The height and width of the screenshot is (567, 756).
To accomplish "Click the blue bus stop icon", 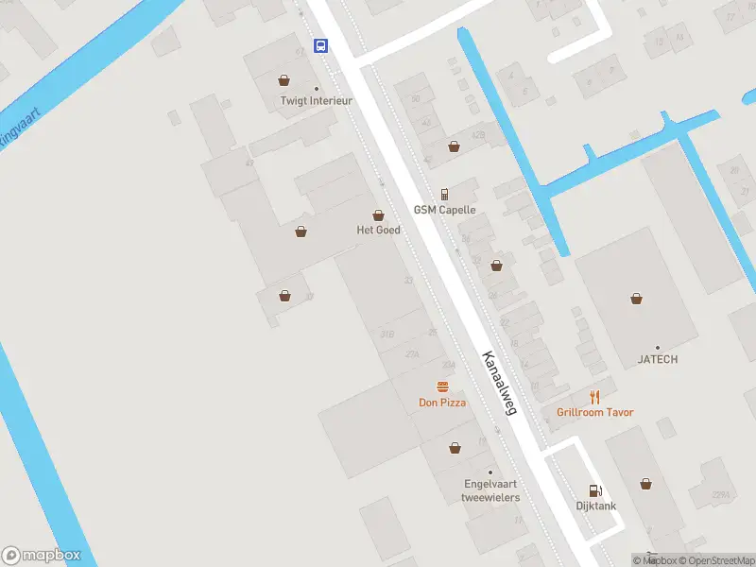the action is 321,45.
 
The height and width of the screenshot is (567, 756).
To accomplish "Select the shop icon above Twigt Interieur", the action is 283,80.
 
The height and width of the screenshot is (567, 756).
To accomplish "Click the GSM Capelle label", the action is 444,210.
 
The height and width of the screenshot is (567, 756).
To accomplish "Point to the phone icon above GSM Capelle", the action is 444,193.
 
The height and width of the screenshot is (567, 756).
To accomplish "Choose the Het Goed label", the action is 378,230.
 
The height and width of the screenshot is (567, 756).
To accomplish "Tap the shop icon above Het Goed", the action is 378,215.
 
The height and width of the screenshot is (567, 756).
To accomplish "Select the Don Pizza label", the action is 442,403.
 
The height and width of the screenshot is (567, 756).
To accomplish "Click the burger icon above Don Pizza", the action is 442,387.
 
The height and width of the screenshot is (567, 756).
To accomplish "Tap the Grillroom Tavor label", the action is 595,412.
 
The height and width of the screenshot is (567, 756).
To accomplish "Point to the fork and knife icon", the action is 594,397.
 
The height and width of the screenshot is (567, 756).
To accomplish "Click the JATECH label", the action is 658,359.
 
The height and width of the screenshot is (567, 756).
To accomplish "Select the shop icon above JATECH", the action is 637,299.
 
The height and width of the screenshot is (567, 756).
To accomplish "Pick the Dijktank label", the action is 596,506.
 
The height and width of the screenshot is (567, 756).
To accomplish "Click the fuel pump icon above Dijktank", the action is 595,490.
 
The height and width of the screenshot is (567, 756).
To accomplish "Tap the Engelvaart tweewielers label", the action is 490,490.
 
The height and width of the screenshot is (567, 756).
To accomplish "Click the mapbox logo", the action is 42,555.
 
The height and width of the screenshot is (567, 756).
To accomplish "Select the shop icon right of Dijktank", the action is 645,484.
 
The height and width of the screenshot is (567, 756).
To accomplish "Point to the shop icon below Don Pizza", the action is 455,448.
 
